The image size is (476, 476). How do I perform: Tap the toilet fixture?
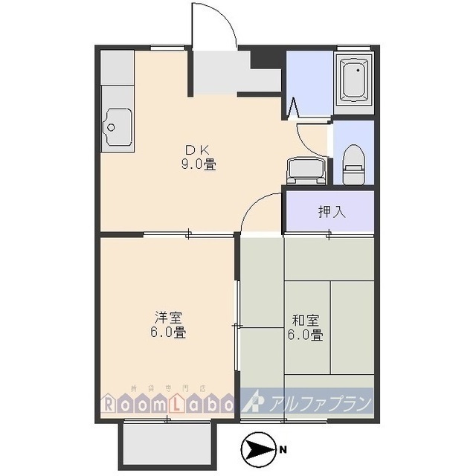[x=353, y=164]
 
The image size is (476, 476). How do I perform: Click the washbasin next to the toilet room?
[x=306, y=171]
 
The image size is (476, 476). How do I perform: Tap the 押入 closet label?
[x=332, y=211]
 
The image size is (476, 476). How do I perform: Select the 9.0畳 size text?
[x=198, y=164]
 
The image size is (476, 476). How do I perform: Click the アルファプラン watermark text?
[x=323, y=403]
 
